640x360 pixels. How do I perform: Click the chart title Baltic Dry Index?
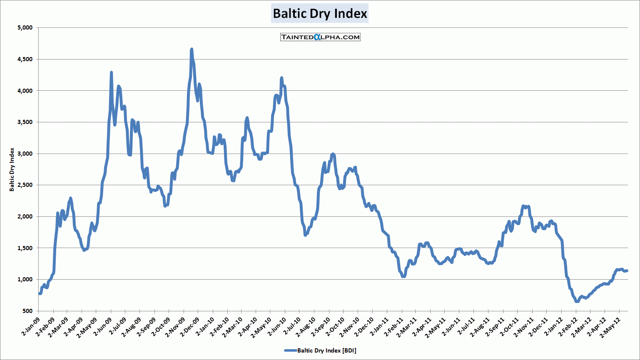pyautogui.click(x=320, y=14)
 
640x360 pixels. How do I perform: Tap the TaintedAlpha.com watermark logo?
pyautogui.click(x=320, y=37)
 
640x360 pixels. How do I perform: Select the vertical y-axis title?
pyautogui.click(x=12, y=169)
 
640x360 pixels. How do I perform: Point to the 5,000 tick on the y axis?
pyautogui.click(x=25, y=28)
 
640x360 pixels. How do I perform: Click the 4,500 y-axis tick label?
pyautogui.click(x=25, y=59)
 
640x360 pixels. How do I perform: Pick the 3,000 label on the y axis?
pyautogui.click(x=25, y=154)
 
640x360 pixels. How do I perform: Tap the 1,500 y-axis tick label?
pyautogui.click(x=25, y=248)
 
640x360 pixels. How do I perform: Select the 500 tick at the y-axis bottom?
pyautogui.click(x=27, y=311)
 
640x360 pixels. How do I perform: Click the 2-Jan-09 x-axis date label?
pyautogui.click(x=31, y=325)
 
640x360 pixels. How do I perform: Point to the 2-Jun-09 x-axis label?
pyautogui.click(x=103, y=325)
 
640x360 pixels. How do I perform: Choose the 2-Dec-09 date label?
pyautogui.click(x=190, y=325)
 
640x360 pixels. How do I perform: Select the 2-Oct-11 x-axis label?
pyautogui.click(x=509, y=325)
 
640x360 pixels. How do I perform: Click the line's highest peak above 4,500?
pyautogui.click(x=192, y=49)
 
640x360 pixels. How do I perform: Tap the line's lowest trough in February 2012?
pyautogui.click(x=577, y=301)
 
